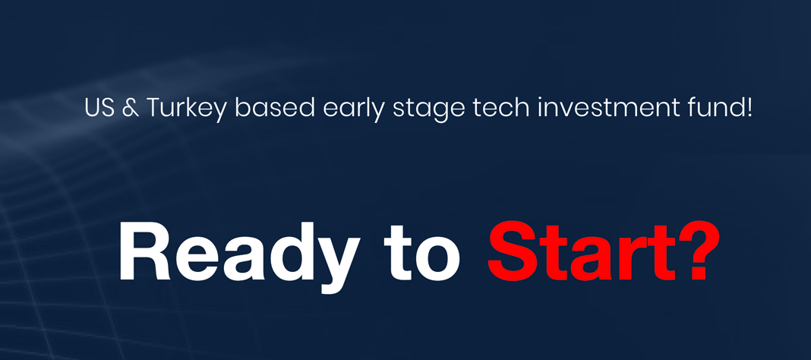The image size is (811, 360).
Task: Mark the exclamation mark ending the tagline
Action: coord(748,108)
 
